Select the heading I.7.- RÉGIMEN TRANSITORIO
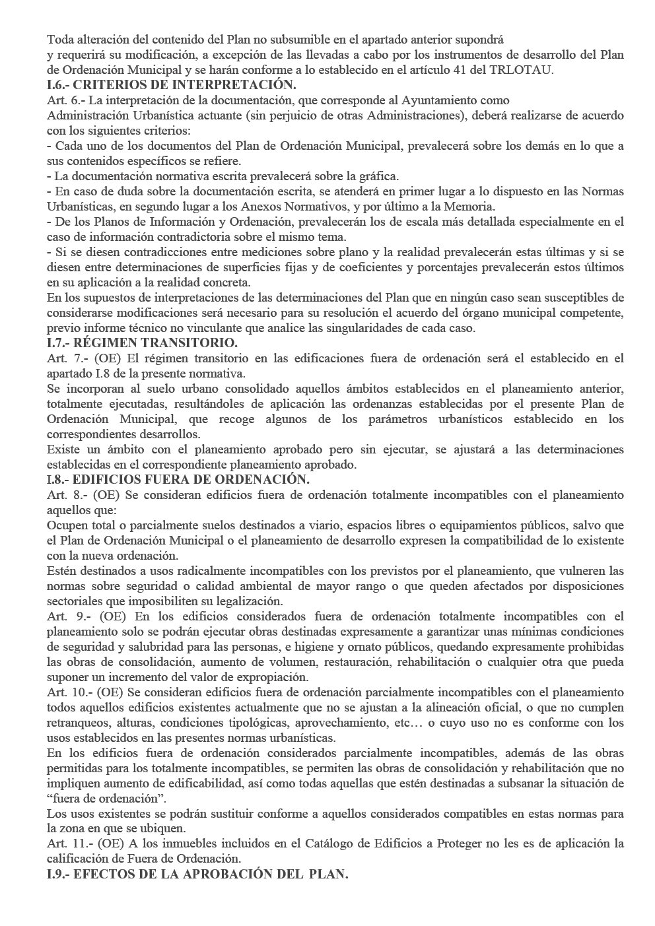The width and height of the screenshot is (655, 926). click(x=142, y=343)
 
